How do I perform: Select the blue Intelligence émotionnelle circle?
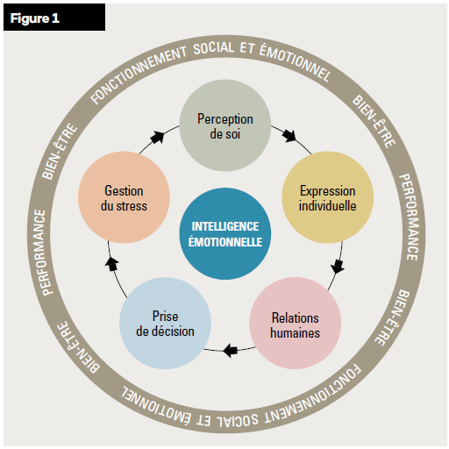click(x=225, y=233)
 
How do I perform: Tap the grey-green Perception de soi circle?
click(x=225, y=125)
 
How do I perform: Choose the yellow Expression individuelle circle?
click(x=328, y=197)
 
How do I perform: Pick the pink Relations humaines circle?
click(x=296, y=324)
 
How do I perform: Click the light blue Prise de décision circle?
click(x=165, y=324)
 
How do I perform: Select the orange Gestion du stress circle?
click(x=124, y=197)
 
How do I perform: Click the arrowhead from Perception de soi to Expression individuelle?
click(x=290, y=136)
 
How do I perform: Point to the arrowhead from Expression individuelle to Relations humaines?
click(x=338, y=267)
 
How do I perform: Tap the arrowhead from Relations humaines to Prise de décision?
click(x=231, y=350)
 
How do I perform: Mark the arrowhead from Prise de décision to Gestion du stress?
click(x=111, y=264)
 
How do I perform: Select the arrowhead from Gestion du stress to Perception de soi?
click(x=158, y=138)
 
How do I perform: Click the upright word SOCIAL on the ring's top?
click(x=214, y=48)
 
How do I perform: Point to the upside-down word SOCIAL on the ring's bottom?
click(x=238, y=418)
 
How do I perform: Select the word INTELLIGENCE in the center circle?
click(x=225, y=226)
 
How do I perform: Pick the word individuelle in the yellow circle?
click(x=327, y=206)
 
